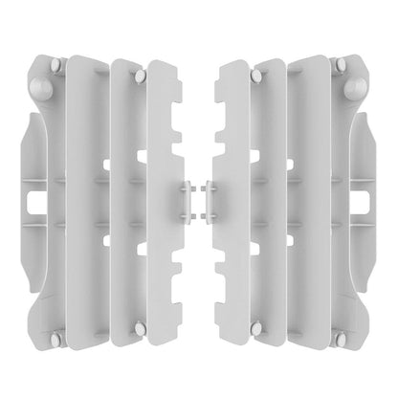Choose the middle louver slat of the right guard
(x=272, y=201)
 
